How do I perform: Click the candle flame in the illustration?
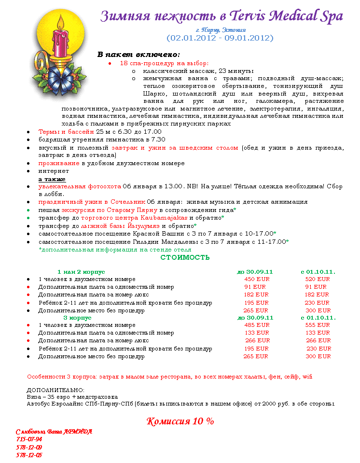point(61,21)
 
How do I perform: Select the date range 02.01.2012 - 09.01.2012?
point(220,38)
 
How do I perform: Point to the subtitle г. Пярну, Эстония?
point(220,30)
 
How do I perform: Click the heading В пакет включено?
point(138,54)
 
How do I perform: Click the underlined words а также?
point(52,179)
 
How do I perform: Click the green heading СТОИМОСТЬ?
point(185,257)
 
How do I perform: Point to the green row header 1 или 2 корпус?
point(81,272)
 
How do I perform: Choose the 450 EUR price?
point(256,279)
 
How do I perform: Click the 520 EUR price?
point(318,279)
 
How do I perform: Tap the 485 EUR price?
point(256,325)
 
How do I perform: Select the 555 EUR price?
point(318,325)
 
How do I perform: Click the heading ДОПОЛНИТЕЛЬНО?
point(55,390)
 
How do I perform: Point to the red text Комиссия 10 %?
point(180,421)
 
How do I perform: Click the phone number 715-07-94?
point(29,439)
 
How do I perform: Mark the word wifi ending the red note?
point(307,376)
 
